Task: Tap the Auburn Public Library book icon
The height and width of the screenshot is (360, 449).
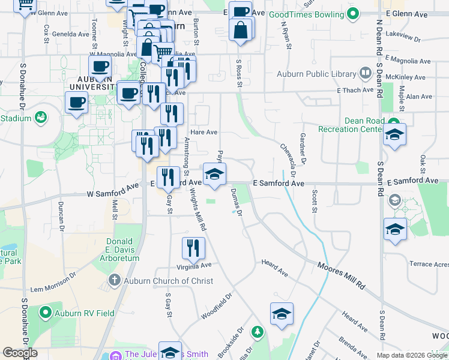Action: tap(366, 74)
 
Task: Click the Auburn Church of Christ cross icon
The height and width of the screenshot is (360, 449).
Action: tap(115, 280)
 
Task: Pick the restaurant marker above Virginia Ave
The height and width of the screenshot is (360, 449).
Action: tap(193, 248)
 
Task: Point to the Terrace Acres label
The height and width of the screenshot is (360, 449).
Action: tap(429, 264)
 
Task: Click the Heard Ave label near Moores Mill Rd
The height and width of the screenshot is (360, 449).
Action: tap(275, 268)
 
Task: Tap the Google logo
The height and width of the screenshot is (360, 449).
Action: tap(20, 353)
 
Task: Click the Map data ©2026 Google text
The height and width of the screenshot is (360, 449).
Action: tap(411, 355)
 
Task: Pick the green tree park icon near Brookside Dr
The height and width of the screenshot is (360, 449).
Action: tap(258, 331)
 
